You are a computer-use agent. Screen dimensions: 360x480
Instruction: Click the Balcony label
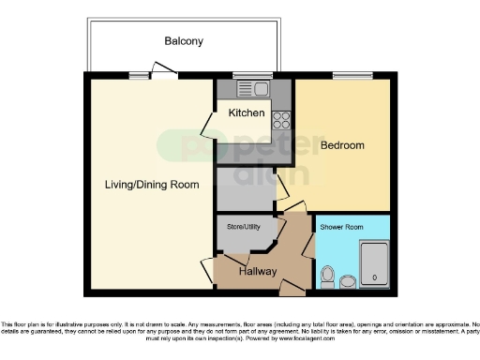[184, 41]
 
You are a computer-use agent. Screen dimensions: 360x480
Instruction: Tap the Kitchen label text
[247, 113]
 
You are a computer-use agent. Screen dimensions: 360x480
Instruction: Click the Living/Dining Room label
[152, 185]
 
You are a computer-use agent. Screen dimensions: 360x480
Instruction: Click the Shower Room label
[340, 228]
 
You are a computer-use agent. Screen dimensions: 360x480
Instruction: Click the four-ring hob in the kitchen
[280, 119]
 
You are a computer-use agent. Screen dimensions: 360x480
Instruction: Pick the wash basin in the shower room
[348, 280]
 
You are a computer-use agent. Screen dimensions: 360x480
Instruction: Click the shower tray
[374, 264]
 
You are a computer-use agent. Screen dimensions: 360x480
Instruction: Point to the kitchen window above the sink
[247, 75]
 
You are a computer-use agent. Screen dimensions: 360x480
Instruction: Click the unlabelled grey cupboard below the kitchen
[246, 188]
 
